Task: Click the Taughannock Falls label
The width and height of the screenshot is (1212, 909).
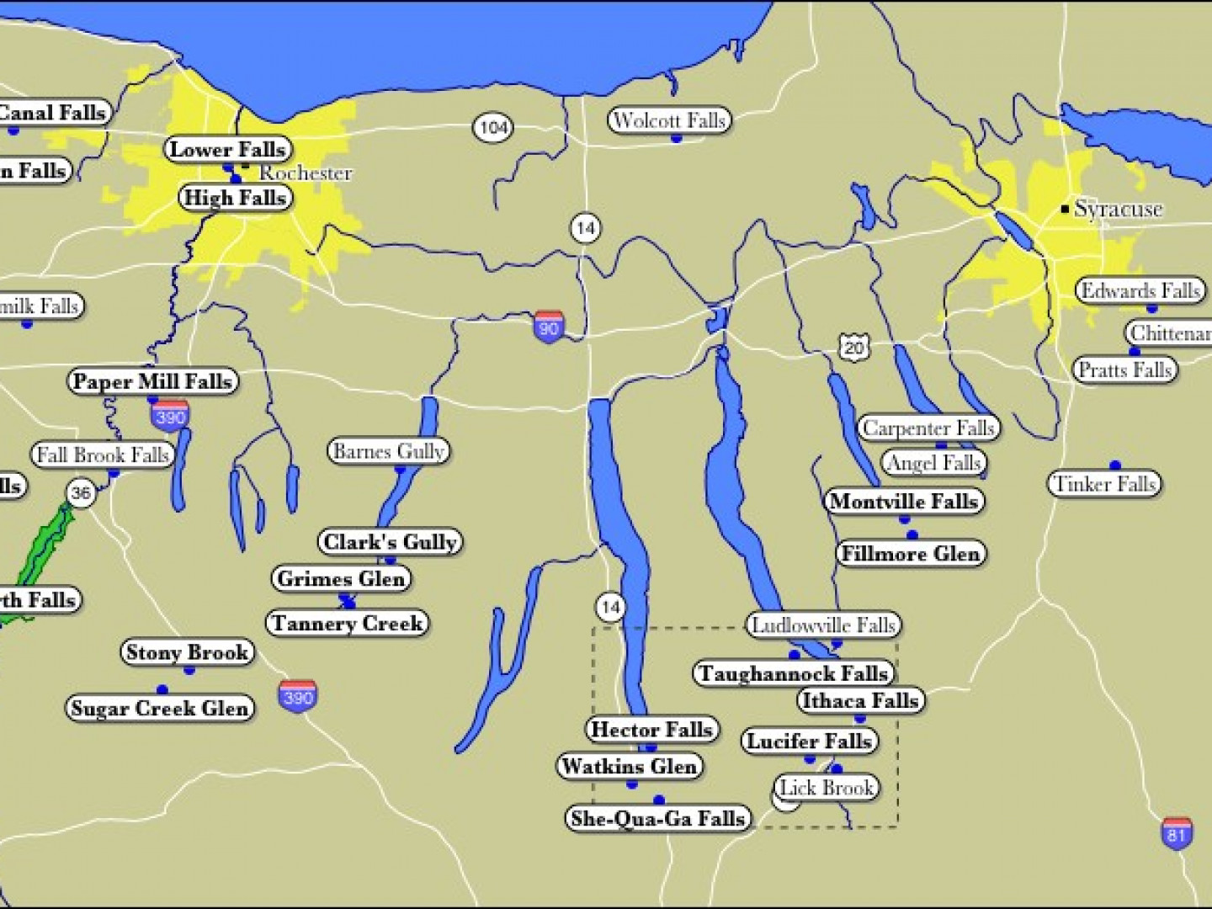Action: point(794,673)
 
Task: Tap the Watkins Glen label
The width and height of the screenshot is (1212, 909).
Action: point(630,766)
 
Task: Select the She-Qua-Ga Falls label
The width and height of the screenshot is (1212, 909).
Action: point(658,818)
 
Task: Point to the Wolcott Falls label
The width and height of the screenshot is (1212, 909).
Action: point(669,120)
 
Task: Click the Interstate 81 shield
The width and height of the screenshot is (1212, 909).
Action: point(1177,832)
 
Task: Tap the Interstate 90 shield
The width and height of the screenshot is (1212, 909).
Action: point(548,327)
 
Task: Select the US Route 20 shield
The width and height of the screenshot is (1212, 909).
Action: point(853,347)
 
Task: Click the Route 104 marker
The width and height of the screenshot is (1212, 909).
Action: point(492,127)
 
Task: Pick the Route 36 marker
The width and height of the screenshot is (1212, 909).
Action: point(81,492)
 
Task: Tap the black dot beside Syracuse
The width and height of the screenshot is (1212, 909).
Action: point(1066,209)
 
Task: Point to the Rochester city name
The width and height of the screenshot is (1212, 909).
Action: point(305,173)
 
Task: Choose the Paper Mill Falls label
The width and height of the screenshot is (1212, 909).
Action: point(152,381)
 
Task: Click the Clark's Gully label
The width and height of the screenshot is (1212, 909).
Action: point(391,541)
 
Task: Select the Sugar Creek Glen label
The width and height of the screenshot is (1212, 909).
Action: point(160,708)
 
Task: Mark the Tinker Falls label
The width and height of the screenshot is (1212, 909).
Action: point(1104,484)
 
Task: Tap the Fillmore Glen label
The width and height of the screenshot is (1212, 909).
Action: point(911,553)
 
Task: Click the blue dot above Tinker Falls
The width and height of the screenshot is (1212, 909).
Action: point(1115,465)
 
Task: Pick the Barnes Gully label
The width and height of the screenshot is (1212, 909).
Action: point(388,451)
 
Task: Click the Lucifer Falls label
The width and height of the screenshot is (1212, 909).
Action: point(809,741)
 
